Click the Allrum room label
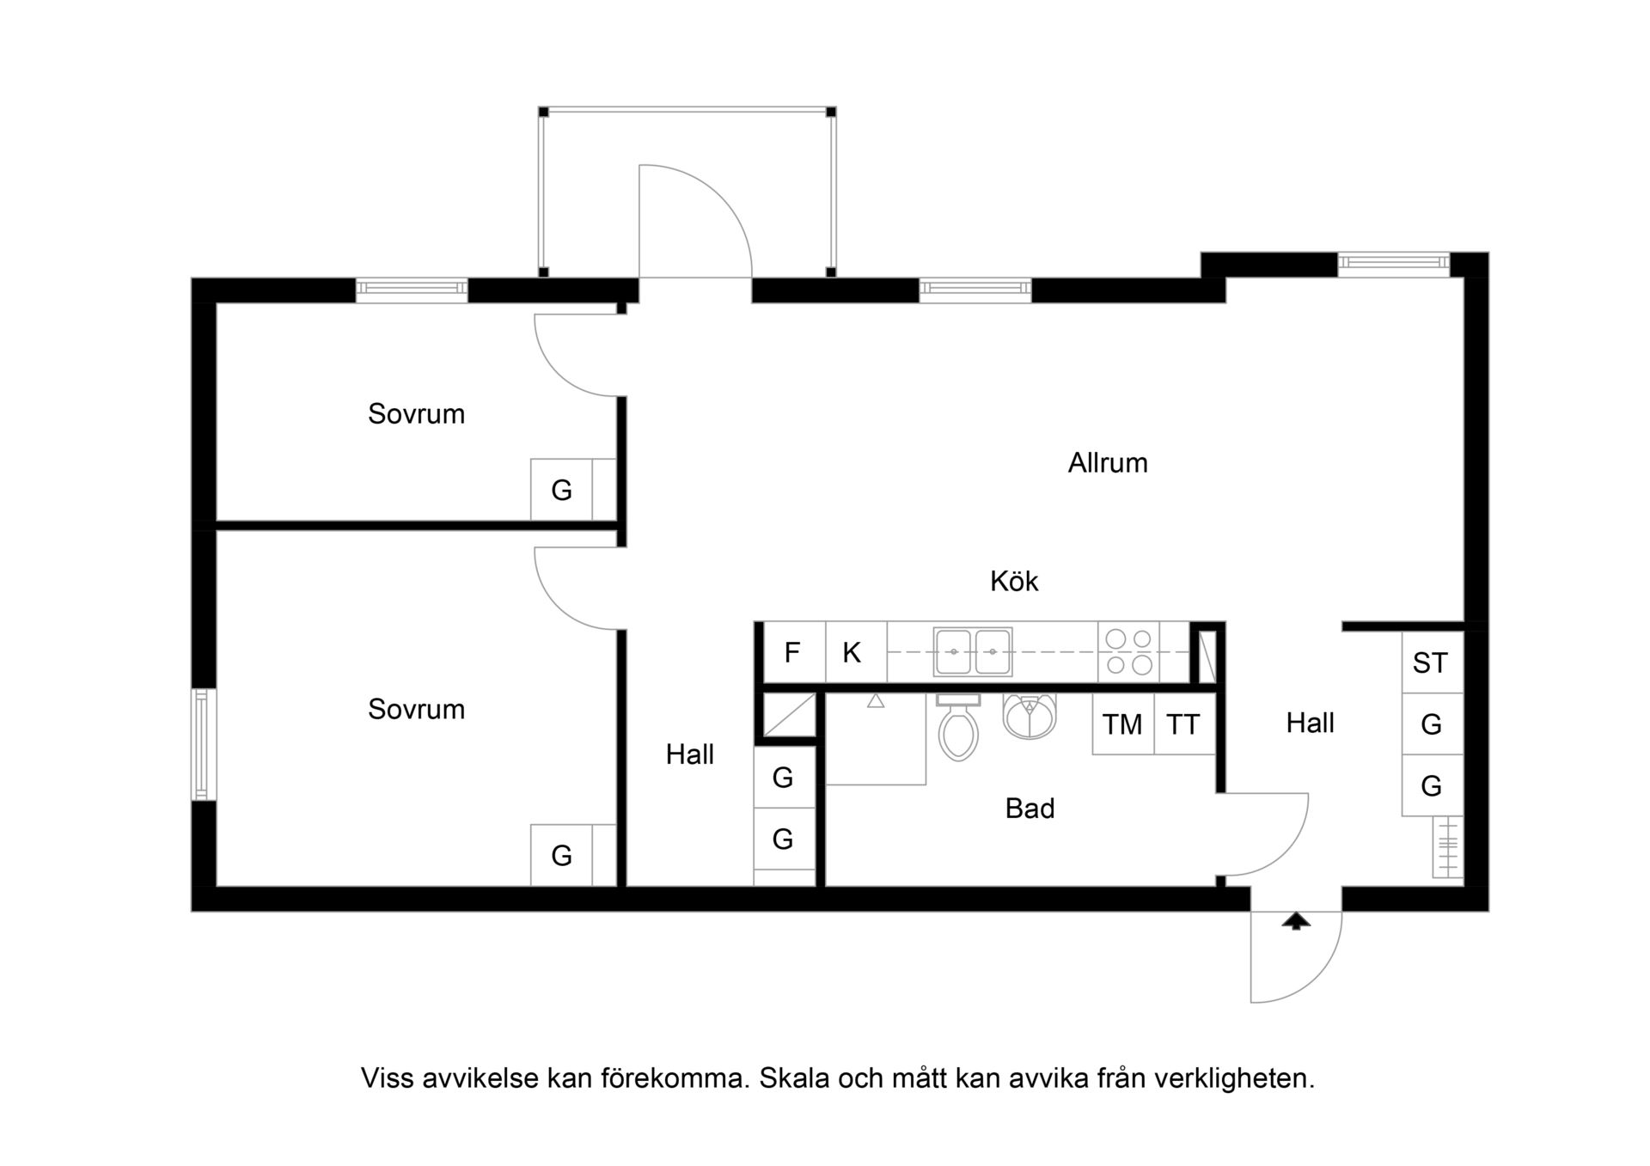(x=1108, y=463)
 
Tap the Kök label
(x=1014, y=582)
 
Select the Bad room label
(x=1030, y=809)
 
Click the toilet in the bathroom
(x=958, y=728)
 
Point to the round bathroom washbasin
(x=1029, y=717)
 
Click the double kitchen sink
(x=973, y=652)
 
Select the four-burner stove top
(x=1128, y=652)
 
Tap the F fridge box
(x=792, y=653)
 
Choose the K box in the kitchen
(x=856, y=653)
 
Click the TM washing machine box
(x=1122, y=724)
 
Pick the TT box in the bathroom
(x=1184, y=724)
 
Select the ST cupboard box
(x=1432, y=662)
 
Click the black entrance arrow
(x=1296, y=922)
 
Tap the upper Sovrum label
(x=416, y=414)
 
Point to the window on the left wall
(x=204, y=744)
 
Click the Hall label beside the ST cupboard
(x=1310, y=723)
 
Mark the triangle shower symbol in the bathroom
(x=876, y=701)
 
